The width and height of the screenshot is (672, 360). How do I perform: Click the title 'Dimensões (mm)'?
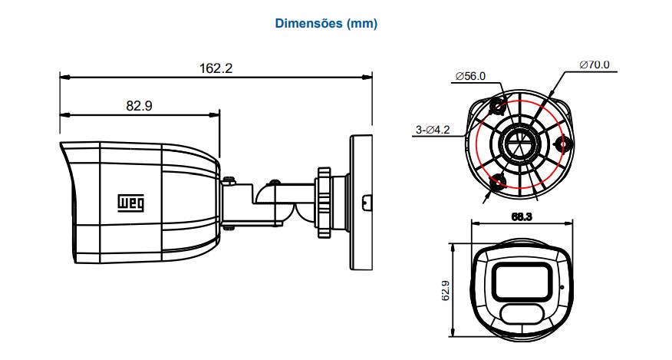[x=326, y=23]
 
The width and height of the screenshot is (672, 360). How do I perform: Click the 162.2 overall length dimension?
[x=216, y=68]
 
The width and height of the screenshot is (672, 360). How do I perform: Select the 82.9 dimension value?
[x=140, y=106]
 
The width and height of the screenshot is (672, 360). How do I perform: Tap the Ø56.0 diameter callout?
[x=470, y=77]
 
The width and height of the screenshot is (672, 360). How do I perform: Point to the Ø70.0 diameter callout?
[x=594, y=64]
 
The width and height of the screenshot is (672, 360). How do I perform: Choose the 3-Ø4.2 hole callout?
[x=433, y=130]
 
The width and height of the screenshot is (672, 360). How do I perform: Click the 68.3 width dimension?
[x=522, y=217]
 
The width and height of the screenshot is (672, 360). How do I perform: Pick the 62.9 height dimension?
[x=446, y=290]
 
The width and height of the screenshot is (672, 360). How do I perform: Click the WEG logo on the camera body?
[x=131, y=203]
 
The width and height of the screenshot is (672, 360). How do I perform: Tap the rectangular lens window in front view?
[x=522, y=282]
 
